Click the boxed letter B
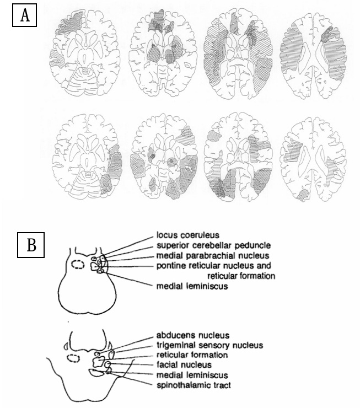point(32,245)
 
